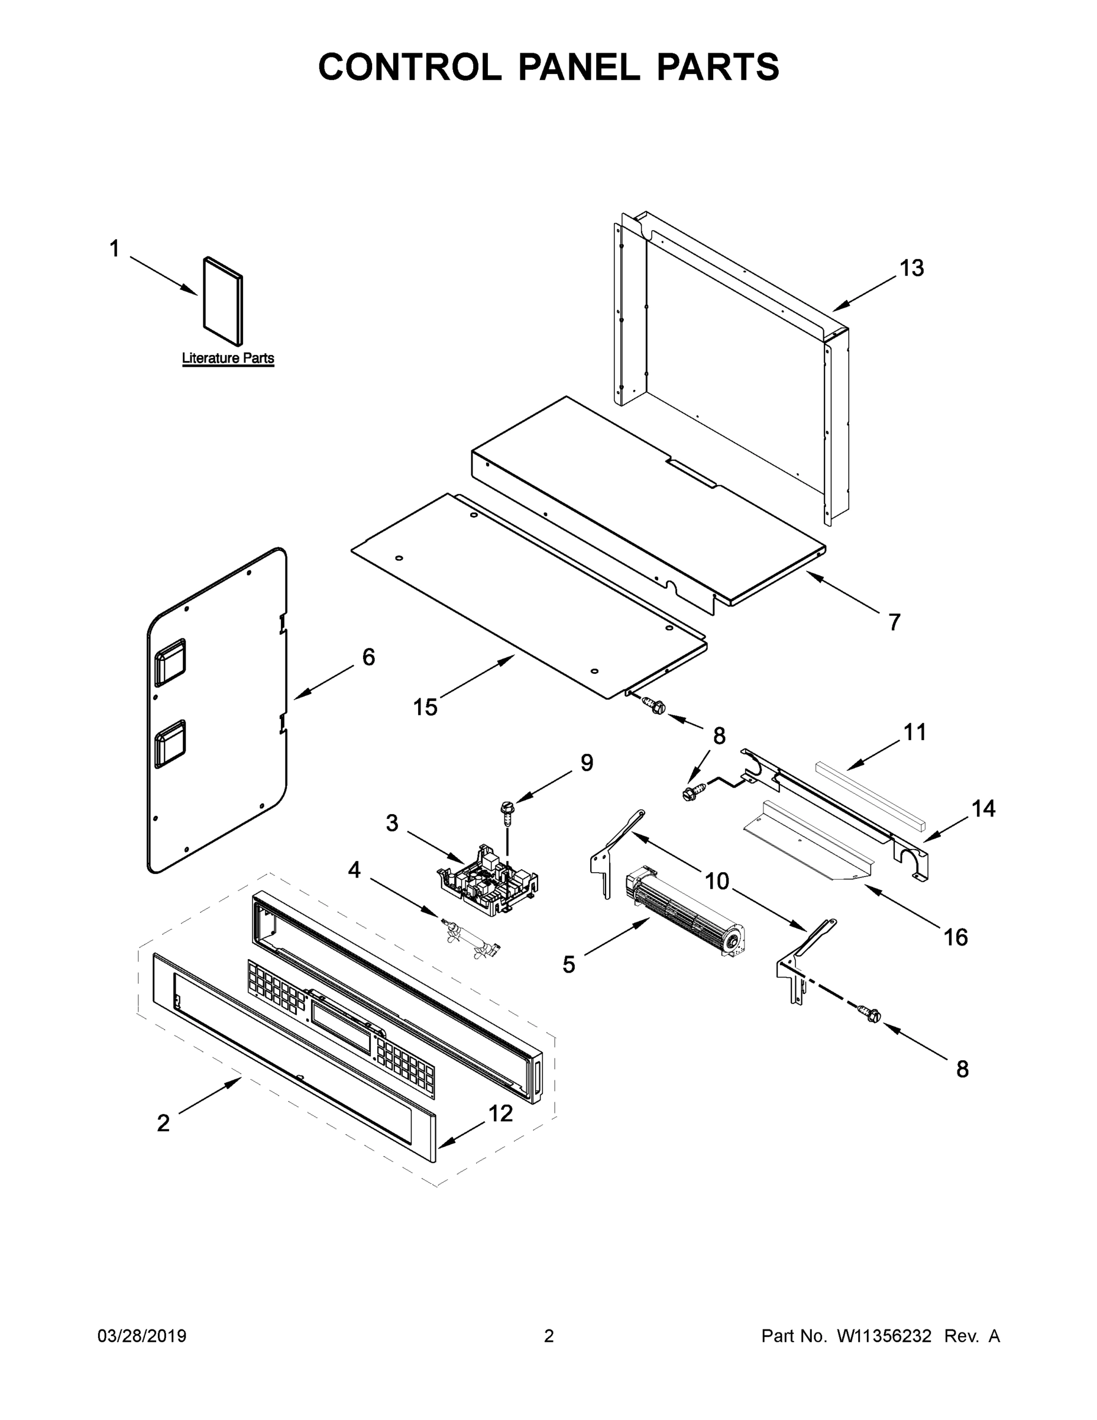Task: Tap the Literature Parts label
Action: click(228, 357)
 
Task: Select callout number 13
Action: click(911, 268)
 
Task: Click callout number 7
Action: click(894, 622)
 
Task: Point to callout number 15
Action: click(426, 707)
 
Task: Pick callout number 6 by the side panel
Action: click(368, 657)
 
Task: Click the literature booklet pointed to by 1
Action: click(223, 301)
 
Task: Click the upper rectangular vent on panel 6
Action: click(170, 662)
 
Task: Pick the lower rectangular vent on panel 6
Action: click(170, 742)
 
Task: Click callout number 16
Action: click(955, 937)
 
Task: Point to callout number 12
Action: click(500, 1113)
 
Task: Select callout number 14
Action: click(983, 808)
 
